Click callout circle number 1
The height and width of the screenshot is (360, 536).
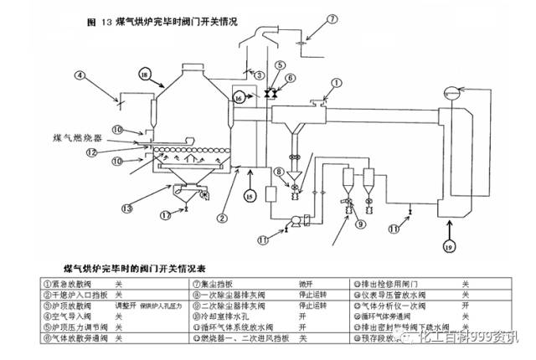[338, 82]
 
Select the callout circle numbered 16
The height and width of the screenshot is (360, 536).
[240, 98]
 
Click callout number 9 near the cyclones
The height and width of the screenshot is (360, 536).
[361, 224]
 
